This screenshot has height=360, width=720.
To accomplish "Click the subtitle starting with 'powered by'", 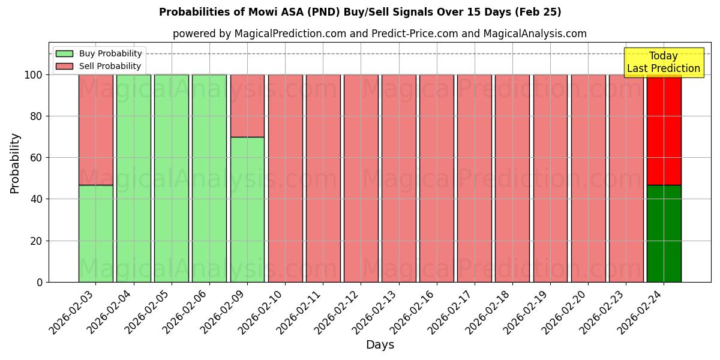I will pos(379,34).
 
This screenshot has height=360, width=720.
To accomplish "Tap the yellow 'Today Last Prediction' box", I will pos(663,62).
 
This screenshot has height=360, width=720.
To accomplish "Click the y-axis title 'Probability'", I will pos(15,163).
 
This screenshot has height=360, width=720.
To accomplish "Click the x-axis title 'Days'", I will pos(380,344).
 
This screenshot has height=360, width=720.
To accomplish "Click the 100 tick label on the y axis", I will pos(34,75).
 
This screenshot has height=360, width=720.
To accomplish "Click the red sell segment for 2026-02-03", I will pos(96,129).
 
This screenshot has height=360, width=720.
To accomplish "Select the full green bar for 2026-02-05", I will pos(172,178).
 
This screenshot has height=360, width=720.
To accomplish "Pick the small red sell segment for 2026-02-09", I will pos(247,106).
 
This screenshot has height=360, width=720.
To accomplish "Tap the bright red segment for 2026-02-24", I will pos(664,129).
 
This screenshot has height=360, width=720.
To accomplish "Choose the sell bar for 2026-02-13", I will pos(398,178).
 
